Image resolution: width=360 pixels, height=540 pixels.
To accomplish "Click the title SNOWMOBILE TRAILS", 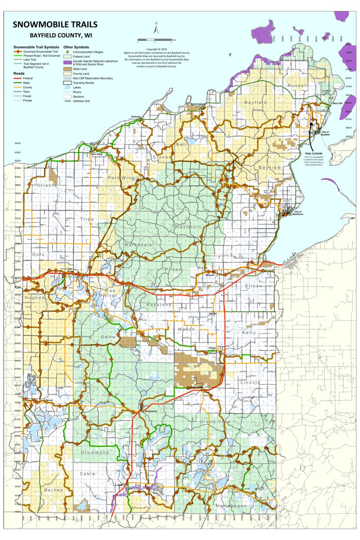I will pos(55,25).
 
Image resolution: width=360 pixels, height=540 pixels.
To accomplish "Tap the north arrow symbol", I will pos(157,29).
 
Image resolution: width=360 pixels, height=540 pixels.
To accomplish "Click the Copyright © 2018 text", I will pos(157,49).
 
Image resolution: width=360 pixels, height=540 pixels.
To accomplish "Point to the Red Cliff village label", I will pos(338,103).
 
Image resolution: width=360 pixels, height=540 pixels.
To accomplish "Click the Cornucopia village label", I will pos(199,104).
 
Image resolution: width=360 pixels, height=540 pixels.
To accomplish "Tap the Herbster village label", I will pos(136,117).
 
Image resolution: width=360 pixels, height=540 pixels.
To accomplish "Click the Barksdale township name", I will pos(136,244).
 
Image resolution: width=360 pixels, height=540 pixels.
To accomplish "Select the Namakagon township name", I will pos(231,506).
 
